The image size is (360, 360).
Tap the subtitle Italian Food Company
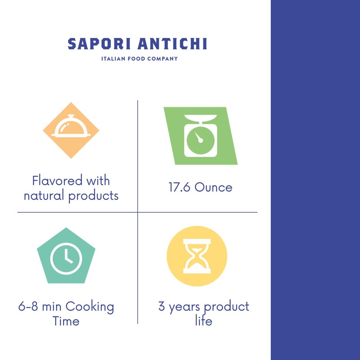click(x=139, y=58)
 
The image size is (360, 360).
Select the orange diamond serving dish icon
click(x=71, y=130)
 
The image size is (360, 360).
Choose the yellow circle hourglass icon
click(x=197, y=256)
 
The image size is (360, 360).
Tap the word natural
click(x=44, y=196)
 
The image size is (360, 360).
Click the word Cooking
click(x=90, y=308)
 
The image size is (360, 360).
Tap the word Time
click(x=66, y=321)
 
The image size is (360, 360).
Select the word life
click(x=203, y=321)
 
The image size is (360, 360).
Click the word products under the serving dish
click(x=94, y=196)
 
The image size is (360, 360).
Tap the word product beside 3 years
click(x=226, y=308)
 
